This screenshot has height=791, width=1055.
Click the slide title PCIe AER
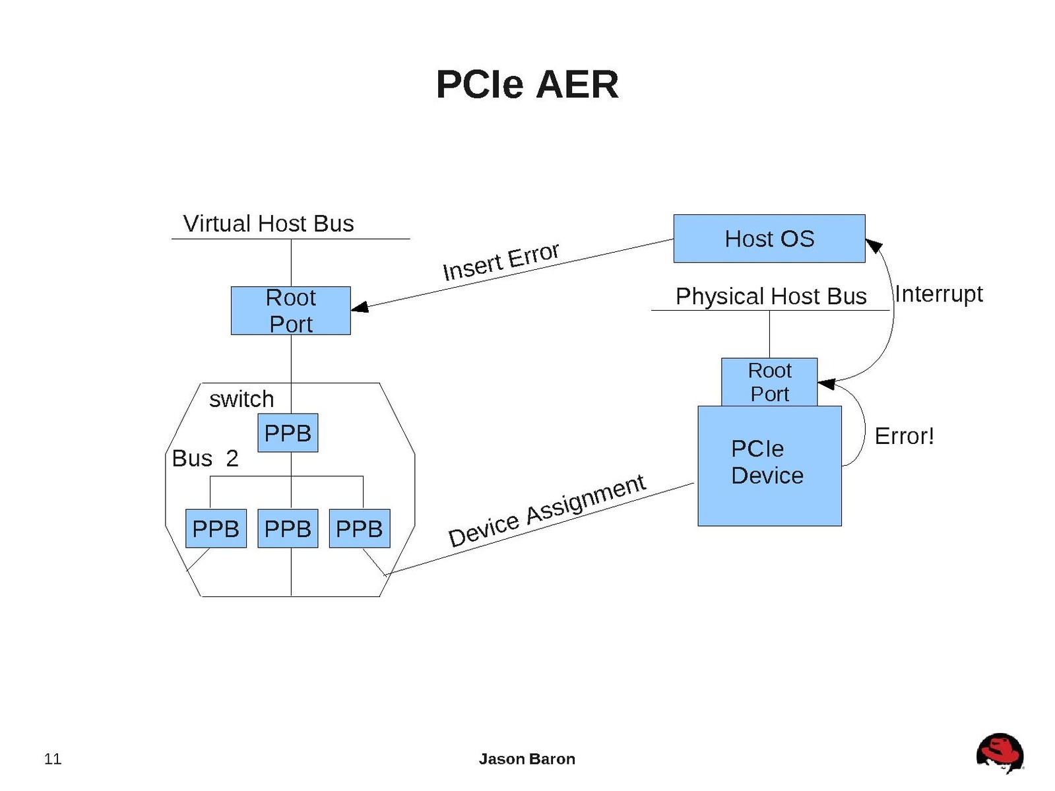point(527,84)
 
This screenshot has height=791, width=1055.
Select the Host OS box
point(769,239)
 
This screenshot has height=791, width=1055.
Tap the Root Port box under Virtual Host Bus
point(290,311)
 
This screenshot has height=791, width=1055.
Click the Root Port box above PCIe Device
point(769,382)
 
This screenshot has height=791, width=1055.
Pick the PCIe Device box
point(769,466)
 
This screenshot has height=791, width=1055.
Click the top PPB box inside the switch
point(288,433)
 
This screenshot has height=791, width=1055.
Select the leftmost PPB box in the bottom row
point(216,528)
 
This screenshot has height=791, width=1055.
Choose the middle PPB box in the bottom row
point(288,528)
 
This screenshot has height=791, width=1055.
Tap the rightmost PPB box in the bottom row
point(360,528)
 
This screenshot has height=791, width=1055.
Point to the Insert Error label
point(501,261)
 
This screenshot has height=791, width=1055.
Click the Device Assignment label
point(546,511)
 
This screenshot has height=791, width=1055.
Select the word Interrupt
point(938,294)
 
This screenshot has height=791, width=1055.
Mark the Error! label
point(904,436)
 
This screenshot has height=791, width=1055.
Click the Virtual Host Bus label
point(269,224)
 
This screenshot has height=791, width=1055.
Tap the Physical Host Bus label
point(771,296)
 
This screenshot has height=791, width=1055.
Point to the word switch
point(241,399)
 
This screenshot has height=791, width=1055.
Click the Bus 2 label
point(205,459)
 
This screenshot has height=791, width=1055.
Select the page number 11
point(53,759)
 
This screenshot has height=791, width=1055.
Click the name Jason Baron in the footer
point(527,759)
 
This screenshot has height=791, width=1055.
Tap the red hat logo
point(1000,753)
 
